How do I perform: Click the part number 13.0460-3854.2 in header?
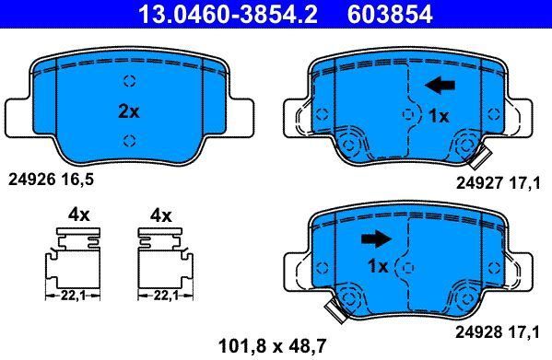pos(229,14)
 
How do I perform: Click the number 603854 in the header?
pos(390,14)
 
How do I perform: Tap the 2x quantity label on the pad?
pos(129,112)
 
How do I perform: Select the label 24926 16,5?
pos(52,180)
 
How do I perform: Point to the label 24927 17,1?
pos(499,183)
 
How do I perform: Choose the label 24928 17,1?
pos(498,332)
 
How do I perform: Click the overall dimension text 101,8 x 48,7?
pos(272,346)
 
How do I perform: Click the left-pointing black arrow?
pos(440,86)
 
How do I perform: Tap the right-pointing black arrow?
pos(376,238)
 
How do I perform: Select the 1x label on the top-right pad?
pos(439,116)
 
